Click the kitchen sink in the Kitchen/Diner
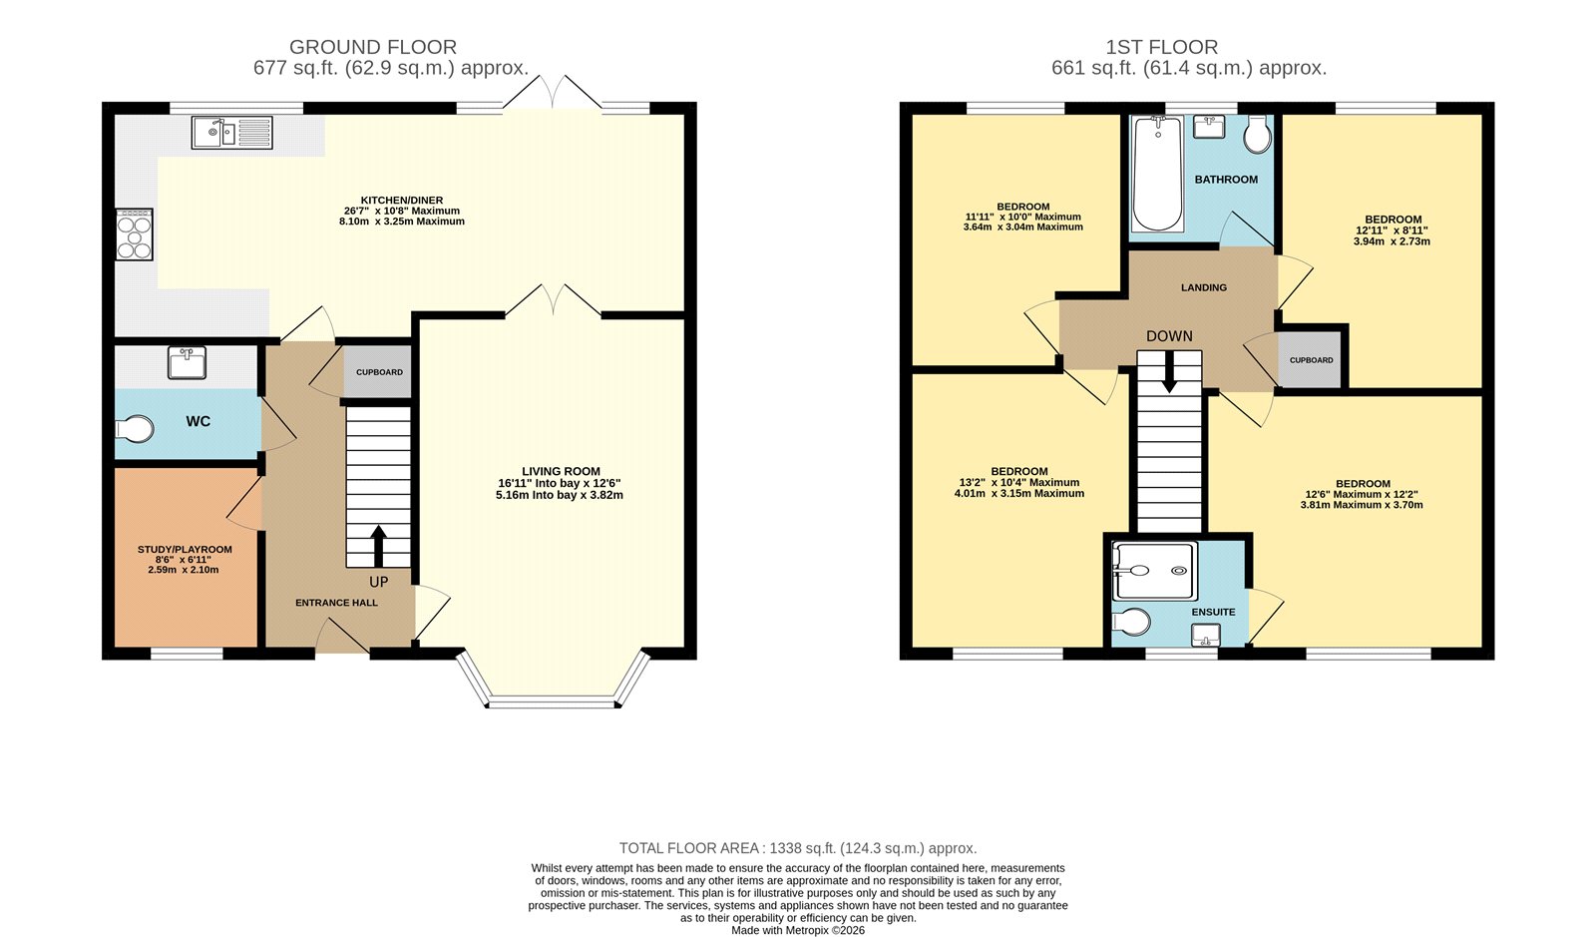click(231, 133)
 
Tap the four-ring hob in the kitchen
click(135, 234)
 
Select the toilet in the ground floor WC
click(135, 429)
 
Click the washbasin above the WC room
click(187, 363)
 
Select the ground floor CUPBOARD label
click(379, 372)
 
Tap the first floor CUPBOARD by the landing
click(1311, 360)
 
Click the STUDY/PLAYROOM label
click(185, 549)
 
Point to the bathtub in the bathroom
click(1157, 174)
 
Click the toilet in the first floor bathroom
click(1258, 135)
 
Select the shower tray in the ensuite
click(1154, 571)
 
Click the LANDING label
click(1204, 287)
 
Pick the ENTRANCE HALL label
click(336, 603)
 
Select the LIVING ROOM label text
click(561, 471)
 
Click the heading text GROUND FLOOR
click(373, 47)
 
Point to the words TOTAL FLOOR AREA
click(689, 848)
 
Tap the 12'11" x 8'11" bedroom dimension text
click(1393, 231)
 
